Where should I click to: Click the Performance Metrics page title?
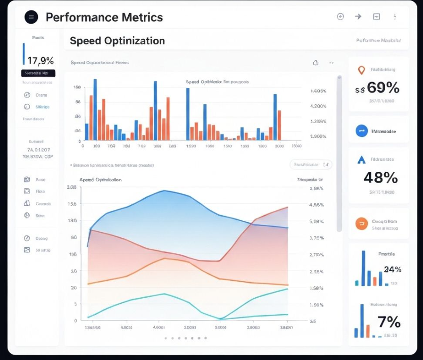[x=104, y=17]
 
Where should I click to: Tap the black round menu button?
[x=31, y=17]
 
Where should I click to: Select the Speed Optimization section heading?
[x=117, y=41]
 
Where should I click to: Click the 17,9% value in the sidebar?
[x=41, y=60]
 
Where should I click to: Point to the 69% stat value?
[x=382, y=87]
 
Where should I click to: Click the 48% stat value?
[x=381, y=177]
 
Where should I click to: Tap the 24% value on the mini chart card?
[x=392, y=269]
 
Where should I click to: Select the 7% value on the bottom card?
[x=389, y=322]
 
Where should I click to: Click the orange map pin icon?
[x=362, y=70]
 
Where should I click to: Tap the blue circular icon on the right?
[x=362, y=131]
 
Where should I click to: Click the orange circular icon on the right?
[x=362, y=224]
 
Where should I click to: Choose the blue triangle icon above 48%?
[x=362, y=160]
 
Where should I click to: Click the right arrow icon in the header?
[x=358, y=17]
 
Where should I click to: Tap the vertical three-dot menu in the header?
[x=395, y=17]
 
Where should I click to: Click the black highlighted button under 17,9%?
[x=38, y=73]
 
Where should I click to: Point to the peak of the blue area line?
[x=164, y=191]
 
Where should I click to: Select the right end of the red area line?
[x=288, y=207]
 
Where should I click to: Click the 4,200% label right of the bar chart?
[x=319, y=106]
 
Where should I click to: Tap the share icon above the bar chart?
[x=316, y=62]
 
